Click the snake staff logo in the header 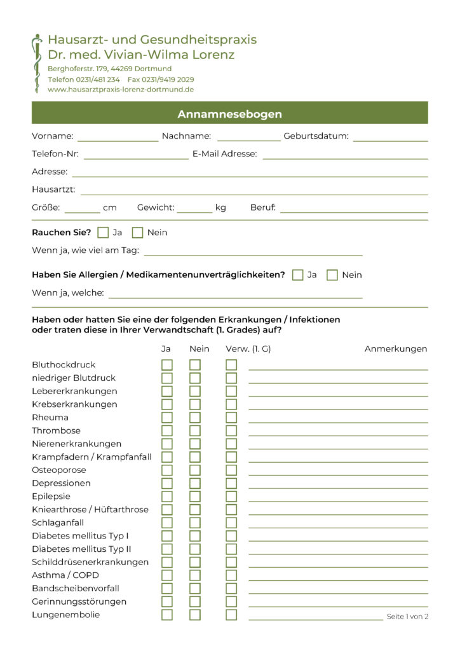point(37,63)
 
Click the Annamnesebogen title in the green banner point(229,114)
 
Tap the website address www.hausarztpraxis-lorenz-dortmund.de point(121,90)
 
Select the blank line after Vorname point(118,139)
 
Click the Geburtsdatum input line point(390,139)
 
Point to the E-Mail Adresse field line point(344,157)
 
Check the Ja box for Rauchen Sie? point(104,233)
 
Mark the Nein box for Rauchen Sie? point(138,233)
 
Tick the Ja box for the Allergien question point(298,275)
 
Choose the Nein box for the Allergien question point(332,275)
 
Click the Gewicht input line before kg point(194,211)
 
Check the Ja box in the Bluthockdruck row point(167,365)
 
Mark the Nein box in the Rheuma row point(195,418)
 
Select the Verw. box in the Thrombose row point(231,431)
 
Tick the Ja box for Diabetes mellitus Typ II point(167,549)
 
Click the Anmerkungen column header point(395,349)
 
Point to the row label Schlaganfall point(58,523)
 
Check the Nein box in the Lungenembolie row point(195,615)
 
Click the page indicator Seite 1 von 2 point(407,617)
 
